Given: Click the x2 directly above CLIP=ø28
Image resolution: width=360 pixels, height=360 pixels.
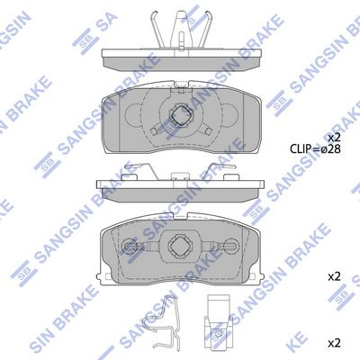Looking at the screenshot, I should pos(334,136).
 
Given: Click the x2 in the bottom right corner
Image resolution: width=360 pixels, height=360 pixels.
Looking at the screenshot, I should pos(334,343).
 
